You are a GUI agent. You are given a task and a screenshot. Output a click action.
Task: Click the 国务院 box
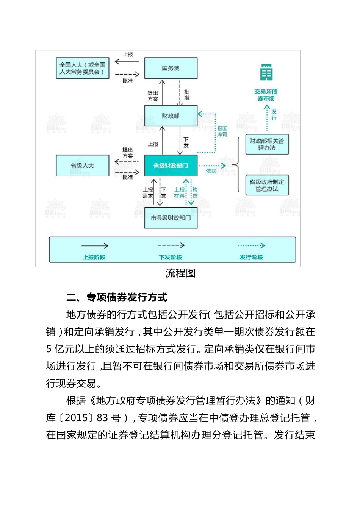coord(171,68)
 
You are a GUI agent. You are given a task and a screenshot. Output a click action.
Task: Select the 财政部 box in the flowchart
coord(171,116)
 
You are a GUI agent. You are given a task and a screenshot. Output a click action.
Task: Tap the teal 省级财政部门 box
coord(171,166)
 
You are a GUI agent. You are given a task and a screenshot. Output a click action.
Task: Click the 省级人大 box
coord(82,166)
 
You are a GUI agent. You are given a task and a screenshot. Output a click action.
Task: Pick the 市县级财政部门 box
coord(171,218)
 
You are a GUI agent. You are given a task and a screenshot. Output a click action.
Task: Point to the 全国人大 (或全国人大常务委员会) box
coord(82,68)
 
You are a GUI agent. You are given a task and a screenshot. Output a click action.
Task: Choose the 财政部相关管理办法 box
coord(267,144)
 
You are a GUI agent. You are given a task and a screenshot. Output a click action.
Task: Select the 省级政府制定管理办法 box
coord(267,185)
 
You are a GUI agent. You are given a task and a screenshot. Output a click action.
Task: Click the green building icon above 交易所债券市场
coord(266,72)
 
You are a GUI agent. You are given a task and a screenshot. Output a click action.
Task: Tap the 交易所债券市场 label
coord(266,95)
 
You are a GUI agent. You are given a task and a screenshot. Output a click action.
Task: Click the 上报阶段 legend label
coord(94,257)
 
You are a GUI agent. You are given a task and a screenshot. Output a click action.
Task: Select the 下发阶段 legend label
coord(171,257)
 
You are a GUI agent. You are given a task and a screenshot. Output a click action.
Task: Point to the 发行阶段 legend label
coord(251,257)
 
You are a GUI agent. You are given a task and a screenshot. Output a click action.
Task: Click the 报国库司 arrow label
coord(222,131)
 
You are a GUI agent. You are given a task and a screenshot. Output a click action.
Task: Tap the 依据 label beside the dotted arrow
coord(211,171)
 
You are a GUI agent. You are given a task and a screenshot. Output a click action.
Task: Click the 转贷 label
coord(195,193)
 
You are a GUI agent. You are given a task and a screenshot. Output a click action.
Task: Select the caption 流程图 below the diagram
coord(180,273)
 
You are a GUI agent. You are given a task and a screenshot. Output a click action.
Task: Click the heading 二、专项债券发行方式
coord(117,298)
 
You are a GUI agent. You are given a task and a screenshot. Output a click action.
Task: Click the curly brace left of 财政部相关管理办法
coord(236,165)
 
